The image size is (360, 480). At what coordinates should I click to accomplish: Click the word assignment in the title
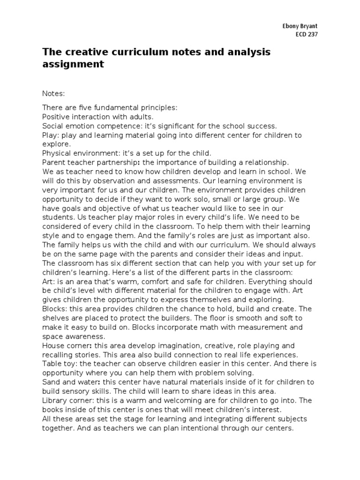pyautogui.click(x=73, y=64)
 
